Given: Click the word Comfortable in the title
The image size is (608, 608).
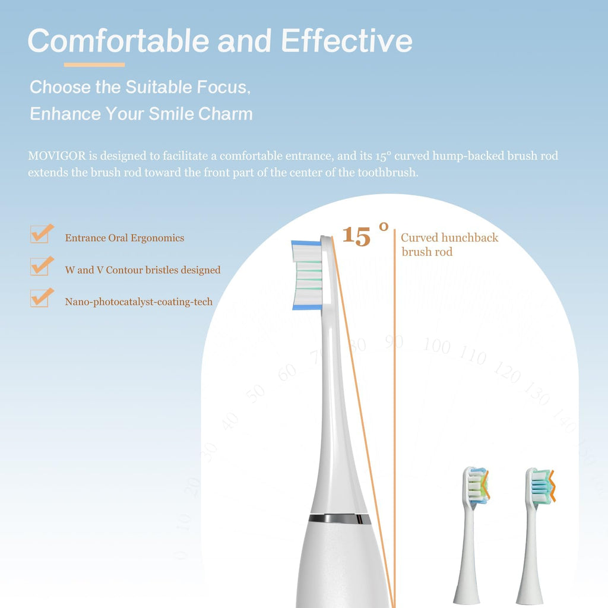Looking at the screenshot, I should (118, 40).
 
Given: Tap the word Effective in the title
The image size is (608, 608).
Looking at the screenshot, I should (346, 40).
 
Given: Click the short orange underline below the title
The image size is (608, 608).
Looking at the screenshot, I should (94, 65).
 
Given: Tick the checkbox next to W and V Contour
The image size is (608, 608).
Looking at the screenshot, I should (40, 267).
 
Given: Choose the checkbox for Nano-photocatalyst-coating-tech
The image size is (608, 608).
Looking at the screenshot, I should (40, 298).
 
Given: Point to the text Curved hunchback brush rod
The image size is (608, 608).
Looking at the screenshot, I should (449, 245).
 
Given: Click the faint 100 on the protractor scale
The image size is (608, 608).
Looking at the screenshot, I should (436, 346).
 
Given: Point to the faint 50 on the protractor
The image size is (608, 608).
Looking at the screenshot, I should (256, 393).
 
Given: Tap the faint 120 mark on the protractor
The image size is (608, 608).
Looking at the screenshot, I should (506, 373).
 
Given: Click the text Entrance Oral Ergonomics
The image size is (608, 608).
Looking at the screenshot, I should (125, 238).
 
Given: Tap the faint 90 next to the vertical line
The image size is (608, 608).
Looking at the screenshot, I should (394, 341).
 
